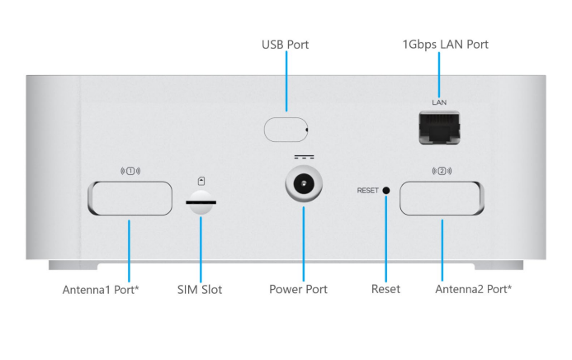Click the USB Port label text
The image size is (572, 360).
pos(285,45)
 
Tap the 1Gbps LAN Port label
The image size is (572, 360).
pos(446,45)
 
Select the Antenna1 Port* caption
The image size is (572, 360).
pos(101,290)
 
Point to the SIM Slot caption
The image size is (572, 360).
pos(200,290)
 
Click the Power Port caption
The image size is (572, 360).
pos(298,290)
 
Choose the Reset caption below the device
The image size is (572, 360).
pos(385,290)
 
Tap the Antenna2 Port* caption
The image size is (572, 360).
pos(473,290)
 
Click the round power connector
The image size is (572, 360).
pos(303,185)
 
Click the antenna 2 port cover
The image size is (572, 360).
pos(442,199)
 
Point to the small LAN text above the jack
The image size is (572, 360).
pos(439,102)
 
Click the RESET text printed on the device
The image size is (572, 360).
pos(367,191)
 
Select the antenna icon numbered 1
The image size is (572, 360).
pos(131,172)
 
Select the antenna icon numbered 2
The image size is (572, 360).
pos(442,172)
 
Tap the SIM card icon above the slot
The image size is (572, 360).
pos(200,180)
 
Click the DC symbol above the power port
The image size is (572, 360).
pos(303,157)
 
